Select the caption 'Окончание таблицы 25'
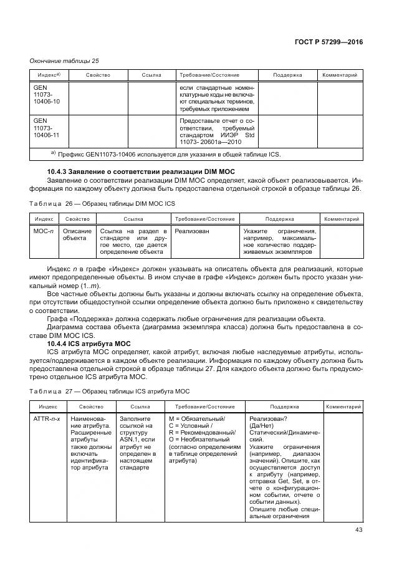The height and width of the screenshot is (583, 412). coord(65,60)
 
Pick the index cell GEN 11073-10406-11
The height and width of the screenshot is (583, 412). coord(47,127)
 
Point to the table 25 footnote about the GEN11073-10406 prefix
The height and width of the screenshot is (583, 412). coord(165,153)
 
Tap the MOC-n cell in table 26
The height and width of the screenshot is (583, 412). coord(44,231)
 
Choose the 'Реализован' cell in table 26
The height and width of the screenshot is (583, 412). coord(192,231)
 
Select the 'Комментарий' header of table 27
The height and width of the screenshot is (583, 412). coord(343,406)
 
